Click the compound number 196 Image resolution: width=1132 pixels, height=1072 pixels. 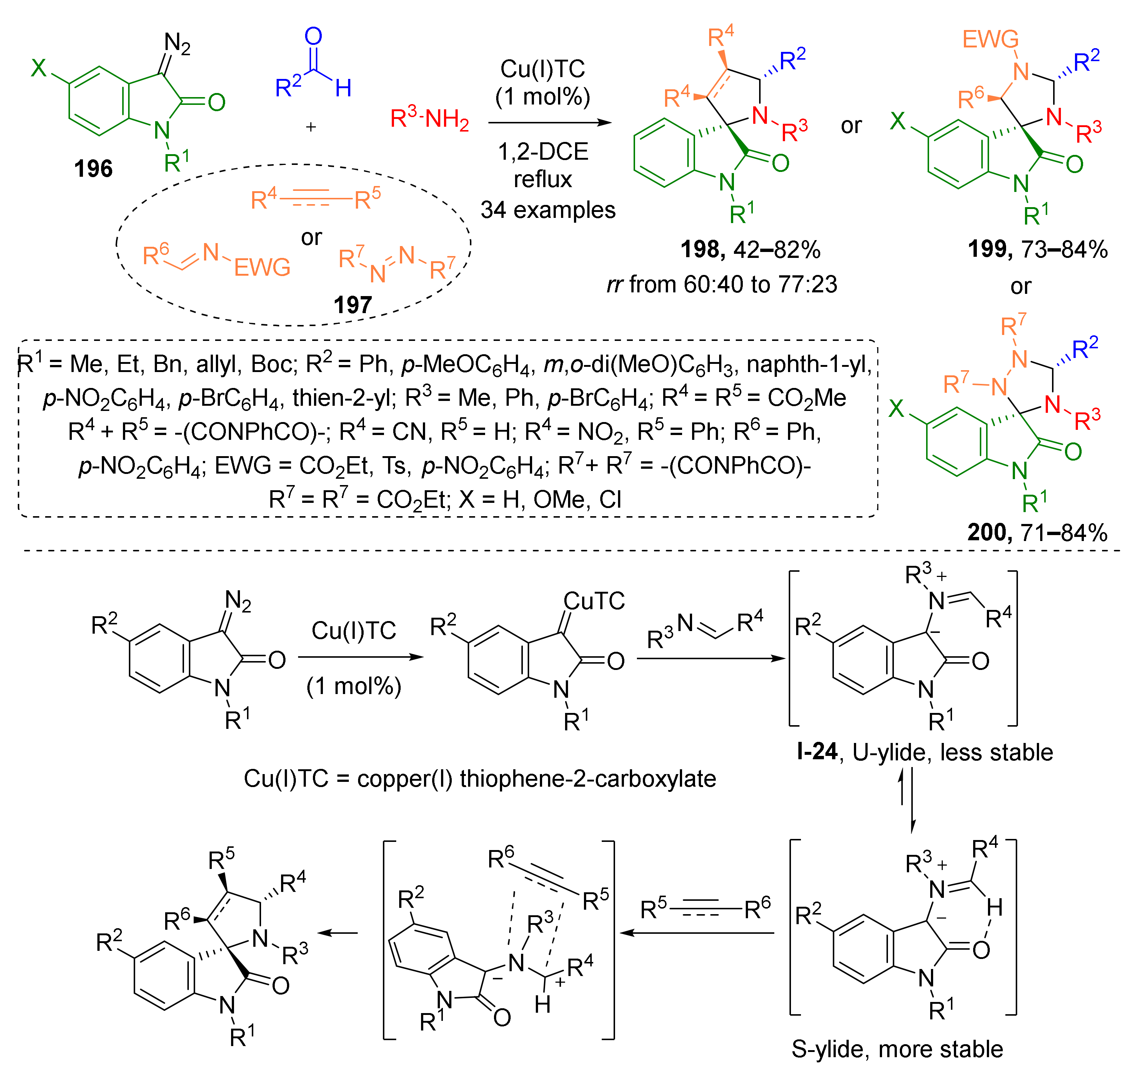pyautogui.click(x=93, y=169)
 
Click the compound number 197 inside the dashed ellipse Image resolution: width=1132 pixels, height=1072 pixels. pyautogui.click(x=353, y=305)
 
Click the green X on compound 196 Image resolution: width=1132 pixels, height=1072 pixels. pyautogui.click(x=39, y=68)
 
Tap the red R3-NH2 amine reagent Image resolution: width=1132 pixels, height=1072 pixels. pyautogui.click(x=430, y=118)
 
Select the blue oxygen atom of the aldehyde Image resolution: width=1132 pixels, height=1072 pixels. pyautogui.click(x=313, y=37)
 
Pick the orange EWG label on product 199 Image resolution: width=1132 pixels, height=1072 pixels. pyautogui.click(x=990, y=39)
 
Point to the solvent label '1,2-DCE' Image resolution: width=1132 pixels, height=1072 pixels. pyautogui.click(x=542, y=152)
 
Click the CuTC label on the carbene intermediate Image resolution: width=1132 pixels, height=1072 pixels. pyautogui.click(x=594, y=601)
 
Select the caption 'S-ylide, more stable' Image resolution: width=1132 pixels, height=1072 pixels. pyautogui.click(x=897, y=1049)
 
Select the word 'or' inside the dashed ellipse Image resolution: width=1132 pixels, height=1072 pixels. pyautogui.click(x=311, y=237)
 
